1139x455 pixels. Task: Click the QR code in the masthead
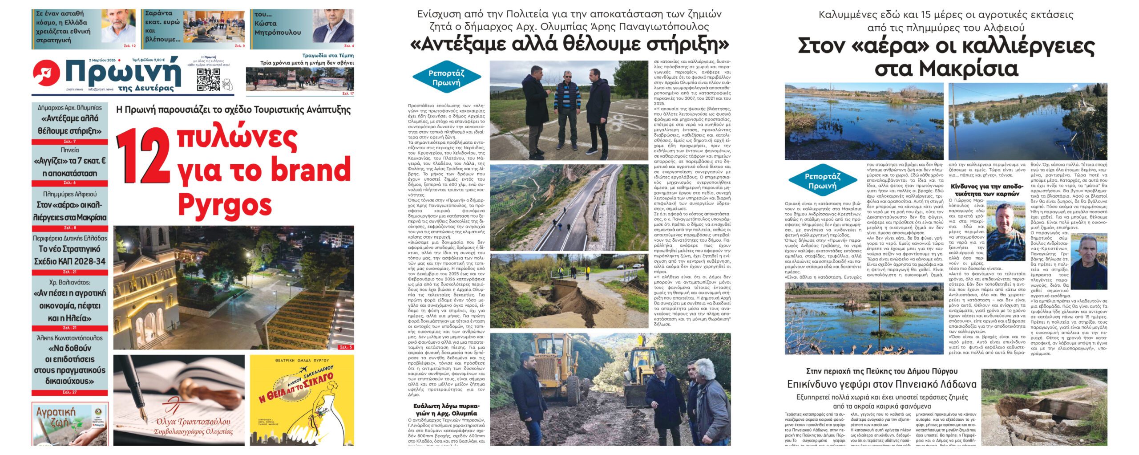pos(208,80)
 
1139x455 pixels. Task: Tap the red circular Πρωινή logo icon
pos(46,73)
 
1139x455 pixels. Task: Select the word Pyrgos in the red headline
pos(225,205)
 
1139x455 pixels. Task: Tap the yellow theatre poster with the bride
pos(302,400)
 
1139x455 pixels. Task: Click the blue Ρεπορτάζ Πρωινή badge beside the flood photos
pos(823,181)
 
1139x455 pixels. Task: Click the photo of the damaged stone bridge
pos(1044,407)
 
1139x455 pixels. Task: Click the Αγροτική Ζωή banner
pos(69,423)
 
